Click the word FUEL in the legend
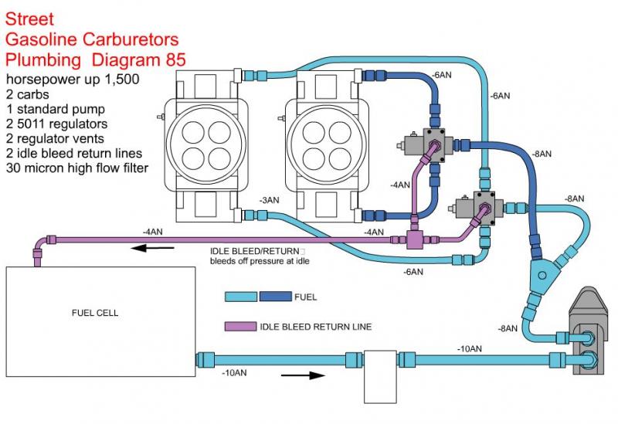click(x=306, y=297)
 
